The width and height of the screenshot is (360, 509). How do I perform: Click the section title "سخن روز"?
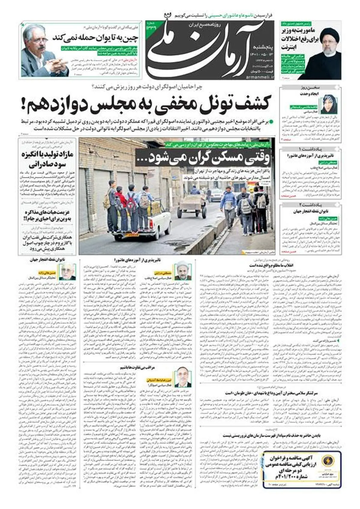pos(310,88)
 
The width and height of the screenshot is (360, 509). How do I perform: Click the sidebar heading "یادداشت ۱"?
pos(310,149)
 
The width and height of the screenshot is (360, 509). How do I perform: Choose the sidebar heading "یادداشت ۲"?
pos(310,204)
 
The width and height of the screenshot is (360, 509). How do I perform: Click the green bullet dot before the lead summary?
pos(271,122)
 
